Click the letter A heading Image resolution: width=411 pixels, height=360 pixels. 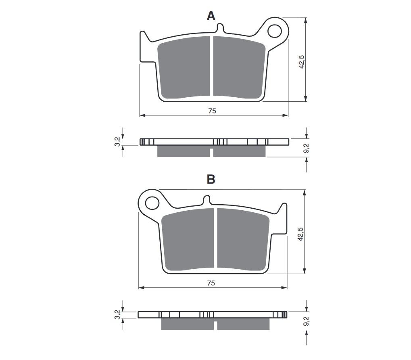tap(211, 16)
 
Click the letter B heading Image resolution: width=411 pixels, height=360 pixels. tap(211, 179)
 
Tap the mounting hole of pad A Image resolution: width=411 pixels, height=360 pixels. tap(275, 30)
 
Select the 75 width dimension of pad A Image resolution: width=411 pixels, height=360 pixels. tap(212, 111)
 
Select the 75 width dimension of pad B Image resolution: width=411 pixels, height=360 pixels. tap(211, 283)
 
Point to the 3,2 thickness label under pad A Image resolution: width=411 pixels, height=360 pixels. tap(117, 142)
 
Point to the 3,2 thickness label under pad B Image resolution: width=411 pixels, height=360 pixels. tap(117, 315)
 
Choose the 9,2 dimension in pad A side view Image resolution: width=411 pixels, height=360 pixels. tap(307, 148)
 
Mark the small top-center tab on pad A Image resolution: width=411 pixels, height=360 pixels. tap(220, 27)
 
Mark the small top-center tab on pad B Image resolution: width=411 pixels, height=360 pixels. tap(207, 200)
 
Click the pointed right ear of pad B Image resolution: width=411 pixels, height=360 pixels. tap(284, 209)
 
